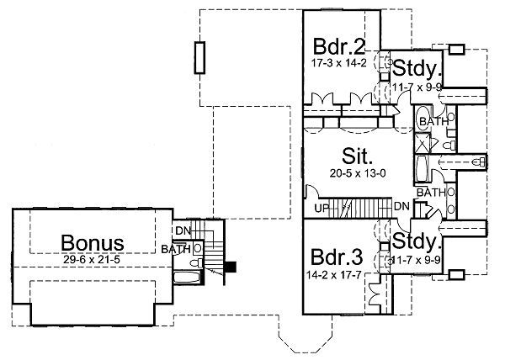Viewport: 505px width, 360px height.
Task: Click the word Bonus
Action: pos(93,244)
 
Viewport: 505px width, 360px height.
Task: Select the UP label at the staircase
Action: pos(322,207)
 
